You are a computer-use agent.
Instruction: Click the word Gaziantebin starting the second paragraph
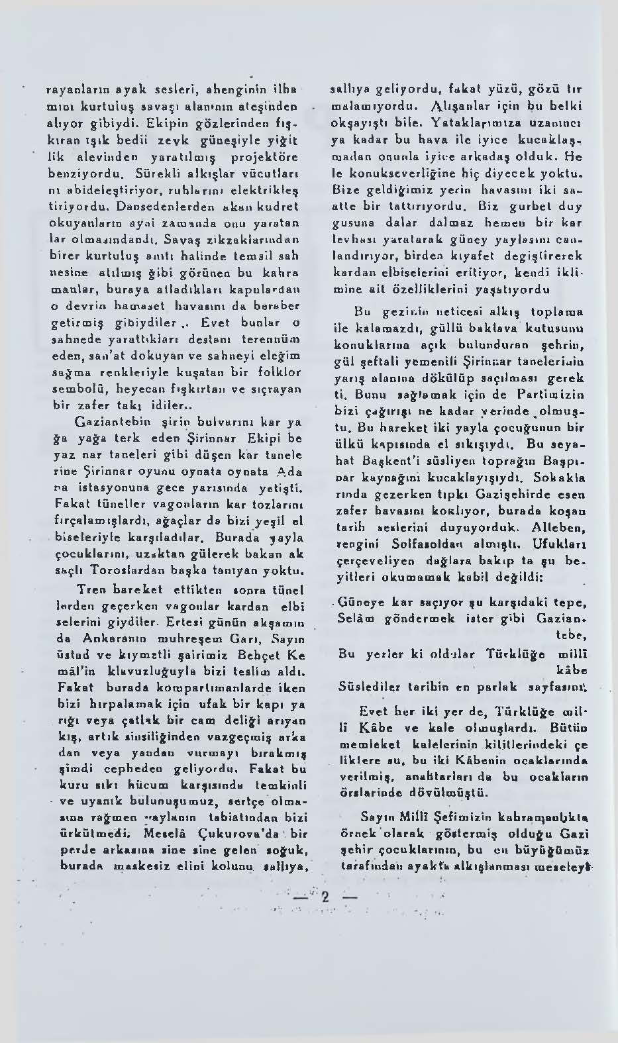pos(105,421)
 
